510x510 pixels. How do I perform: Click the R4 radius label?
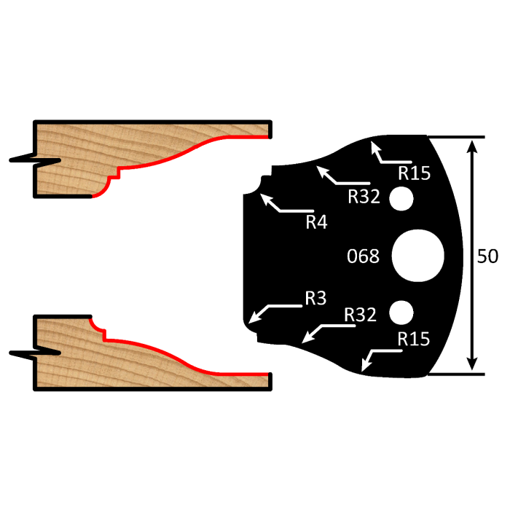(x=316, y=221)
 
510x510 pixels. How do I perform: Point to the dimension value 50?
(x=487, y=256)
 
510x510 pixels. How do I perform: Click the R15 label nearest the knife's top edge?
(x=414, y=173)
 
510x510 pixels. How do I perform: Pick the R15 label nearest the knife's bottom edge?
(x=413, y=340)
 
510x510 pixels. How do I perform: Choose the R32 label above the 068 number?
(x=364, y=197)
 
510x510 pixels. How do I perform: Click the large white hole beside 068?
(x=417, y=256)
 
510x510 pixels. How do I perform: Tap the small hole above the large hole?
(x=401, y=198)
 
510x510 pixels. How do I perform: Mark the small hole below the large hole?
(x=401, y=313)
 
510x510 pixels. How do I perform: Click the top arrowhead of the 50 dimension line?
(x=474, y=144)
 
